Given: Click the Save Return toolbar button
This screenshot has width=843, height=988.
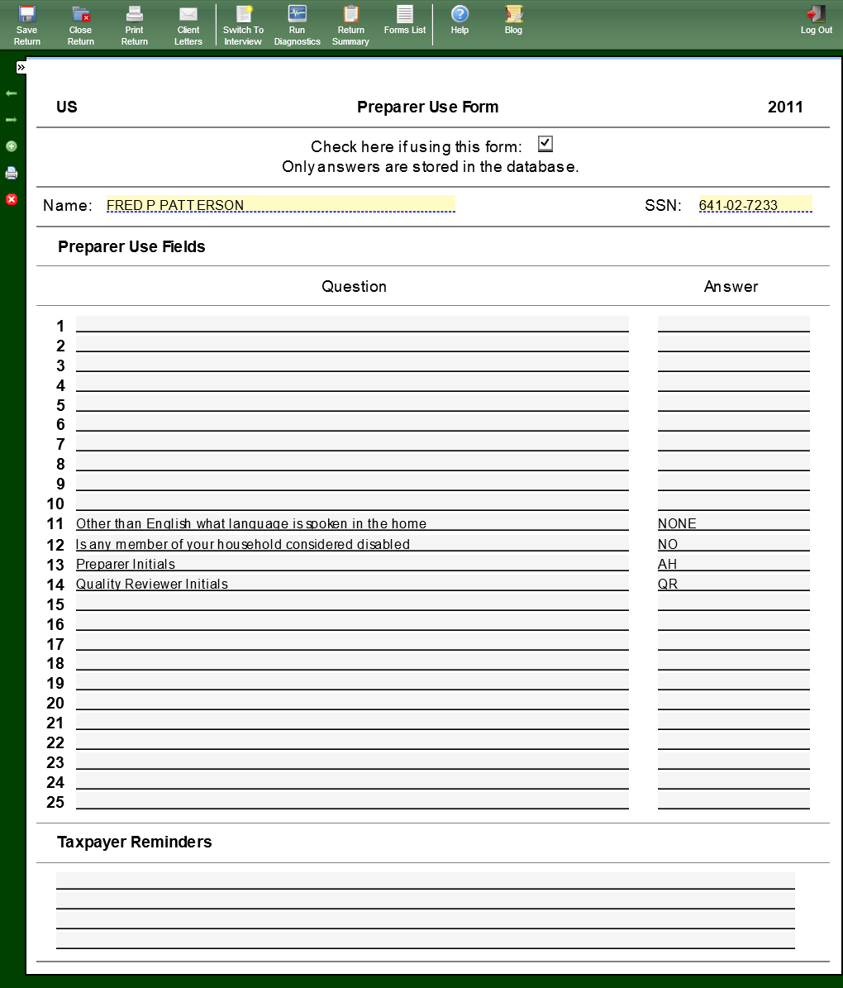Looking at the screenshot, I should [x=26, y=23].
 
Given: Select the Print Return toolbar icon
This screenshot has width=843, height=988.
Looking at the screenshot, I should [x=135, y=23].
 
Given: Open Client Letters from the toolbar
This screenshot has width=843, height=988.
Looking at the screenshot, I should [x=188, y=23].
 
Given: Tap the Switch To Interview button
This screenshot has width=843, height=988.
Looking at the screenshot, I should [x=243, y=23].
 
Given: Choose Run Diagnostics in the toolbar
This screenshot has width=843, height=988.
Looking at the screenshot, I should [x=297, y=23].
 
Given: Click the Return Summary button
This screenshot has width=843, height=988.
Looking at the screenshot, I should [x=350, y=23].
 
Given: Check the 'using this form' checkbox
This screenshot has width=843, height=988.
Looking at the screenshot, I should [x=545, y=144].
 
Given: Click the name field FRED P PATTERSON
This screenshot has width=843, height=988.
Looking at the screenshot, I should [x=280, y=205].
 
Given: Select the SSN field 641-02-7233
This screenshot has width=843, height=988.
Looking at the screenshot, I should [x=755, y=205].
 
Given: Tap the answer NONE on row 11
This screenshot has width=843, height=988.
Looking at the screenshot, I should [x=677, y=523].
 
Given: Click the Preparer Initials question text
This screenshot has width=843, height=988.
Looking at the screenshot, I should [x=126, y=564].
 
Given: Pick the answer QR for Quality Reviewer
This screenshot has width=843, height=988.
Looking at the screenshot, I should [x=668, y=584].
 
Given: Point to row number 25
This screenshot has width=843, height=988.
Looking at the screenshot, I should [x=55, y=802].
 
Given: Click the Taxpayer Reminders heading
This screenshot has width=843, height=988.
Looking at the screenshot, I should [x=134, y=842].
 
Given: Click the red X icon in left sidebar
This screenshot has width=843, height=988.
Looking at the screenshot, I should [x=12, y=199].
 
